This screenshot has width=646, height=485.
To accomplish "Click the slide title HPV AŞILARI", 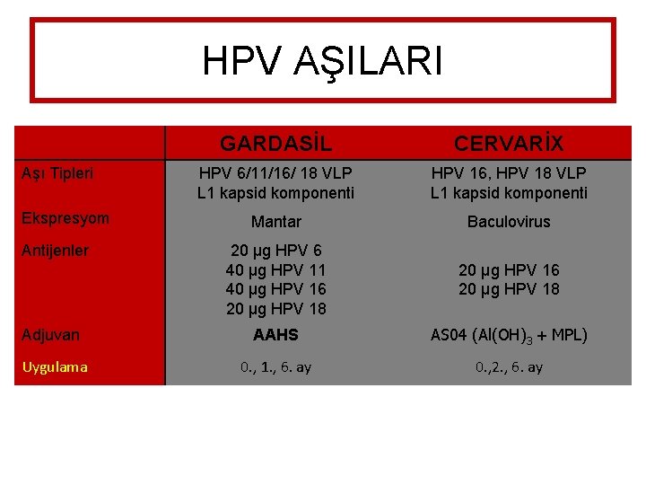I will [x=322, y=61].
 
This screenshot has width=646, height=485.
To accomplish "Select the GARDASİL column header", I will [x=275, y=144].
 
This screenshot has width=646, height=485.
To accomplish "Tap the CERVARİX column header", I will [x=509, y=144].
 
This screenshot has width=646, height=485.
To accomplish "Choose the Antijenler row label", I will [x=56, y=251].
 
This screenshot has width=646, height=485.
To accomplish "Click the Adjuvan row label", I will [x=52, y=335].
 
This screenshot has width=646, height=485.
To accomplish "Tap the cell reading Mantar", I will [x=275, y=222].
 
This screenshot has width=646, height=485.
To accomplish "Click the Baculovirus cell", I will [x=509, y=222].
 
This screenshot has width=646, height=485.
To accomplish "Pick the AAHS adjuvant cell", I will [x=275, y=335].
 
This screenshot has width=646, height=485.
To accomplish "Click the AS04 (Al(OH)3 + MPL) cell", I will [x=509, y=335].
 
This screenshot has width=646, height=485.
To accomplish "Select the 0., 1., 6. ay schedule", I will [x=275, y=367].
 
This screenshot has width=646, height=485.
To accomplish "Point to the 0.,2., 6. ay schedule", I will [x=509, y=367].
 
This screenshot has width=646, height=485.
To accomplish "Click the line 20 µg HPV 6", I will [x=275, y=251].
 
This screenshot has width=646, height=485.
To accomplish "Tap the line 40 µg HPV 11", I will [x=275, y=270].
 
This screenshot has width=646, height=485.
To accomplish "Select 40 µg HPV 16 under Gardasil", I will [x=275, y=289].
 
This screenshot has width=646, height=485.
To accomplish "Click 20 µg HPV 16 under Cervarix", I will [x=509, y=270].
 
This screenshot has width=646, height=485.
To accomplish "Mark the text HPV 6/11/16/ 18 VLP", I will [x=275, y=172].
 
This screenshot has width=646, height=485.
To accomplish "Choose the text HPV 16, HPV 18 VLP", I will [x=509, y=172].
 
